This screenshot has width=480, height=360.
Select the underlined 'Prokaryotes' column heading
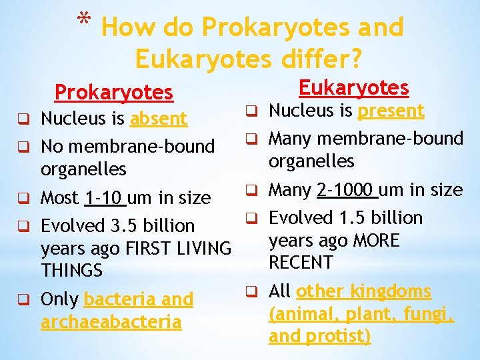coord(113,93)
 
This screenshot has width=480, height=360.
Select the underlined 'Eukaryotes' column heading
coord(353,87)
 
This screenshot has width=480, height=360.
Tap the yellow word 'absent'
coord(159,119)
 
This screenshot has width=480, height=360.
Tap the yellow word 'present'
coord(391,111)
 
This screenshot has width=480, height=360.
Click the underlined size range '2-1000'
coord(347,190)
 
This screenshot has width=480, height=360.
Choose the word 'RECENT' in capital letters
coord(301,263)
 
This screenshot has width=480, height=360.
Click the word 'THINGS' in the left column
coord(71,271)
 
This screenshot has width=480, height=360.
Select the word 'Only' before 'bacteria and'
coord(60,300)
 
